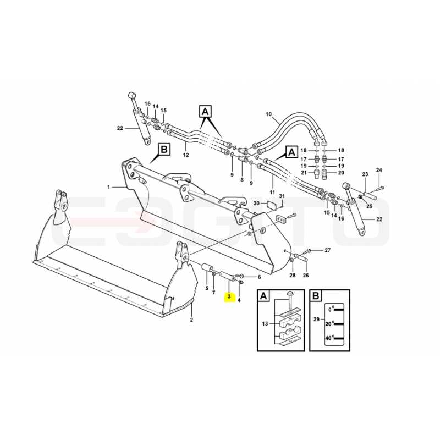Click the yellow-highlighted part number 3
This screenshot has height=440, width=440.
click(229, 296)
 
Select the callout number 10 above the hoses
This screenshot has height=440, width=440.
click(268, 114)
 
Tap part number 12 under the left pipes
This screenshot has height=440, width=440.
click(186, 155)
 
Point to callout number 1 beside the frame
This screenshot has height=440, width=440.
click(109, 187)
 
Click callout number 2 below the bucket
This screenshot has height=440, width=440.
click(191, 320)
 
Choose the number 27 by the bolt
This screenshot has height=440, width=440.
click(327, 250)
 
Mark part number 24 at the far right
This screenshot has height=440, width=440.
click(379, 170)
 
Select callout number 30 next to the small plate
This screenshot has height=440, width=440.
click(256, 203)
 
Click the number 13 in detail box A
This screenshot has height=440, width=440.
click(265, 324)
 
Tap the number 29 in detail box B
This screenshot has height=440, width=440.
click(317, 320)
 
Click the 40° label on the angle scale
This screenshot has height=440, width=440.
click(329, 338)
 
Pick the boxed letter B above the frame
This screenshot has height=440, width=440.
click(164, 149)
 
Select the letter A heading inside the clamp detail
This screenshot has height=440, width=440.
click(263, 296)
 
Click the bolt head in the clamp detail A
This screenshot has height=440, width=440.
click(290, 294)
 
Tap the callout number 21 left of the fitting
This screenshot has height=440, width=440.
click(304, 173)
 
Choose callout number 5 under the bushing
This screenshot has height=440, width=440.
click(207, 288)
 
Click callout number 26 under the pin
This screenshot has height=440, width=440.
click(306, 276)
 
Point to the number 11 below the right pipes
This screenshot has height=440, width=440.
click(272, 192)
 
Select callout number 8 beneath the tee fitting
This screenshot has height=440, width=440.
click(242, 180)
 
